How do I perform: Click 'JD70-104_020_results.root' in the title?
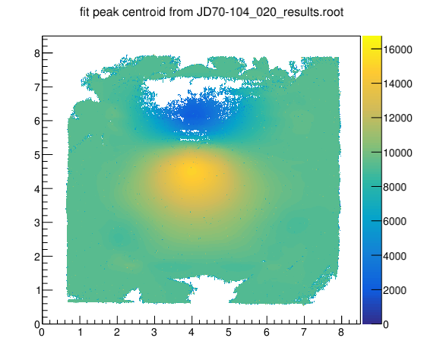pyautogui.click(x=270, y=12)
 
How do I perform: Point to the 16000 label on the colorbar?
pyautogui.click(x=397, y=49)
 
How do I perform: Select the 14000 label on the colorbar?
pyautogui.click(x=397, y=84)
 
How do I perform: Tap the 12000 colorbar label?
pyautogui.click(x=397, y=118)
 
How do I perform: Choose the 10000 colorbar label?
pyautogui.click(x=397, y=153)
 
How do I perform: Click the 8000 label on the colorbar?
pyautogui.click(x=394, y=187)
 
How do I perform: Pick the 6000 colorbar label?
pyautogui.click(x=394, y=221)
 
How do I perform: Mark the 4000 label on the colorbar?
pyautogui.click(x=394, y=256)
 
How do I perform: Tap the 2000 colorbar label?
pyautogui.click(x=394, y=290)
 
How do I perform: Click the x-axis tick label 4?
pyautogui.click(x=191, y=332)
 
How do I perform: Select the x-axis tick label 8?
pyautogui.click(x=341, y=332)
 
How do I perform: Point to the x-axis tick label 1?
pyautogui.click(x=80, y=332)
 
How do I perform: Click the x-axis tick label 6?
pyautogui.click(x=267, y=332)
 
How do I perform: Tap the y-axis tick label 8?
pyautogui.click(x=37, y=53)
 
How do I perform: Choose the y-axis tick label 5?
pyautogui.click(x=37, y=155)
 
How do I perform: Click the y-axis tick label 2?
pyautogui.click(x=37, y=257)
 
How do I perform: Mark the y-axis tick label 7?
pyautogui.click(x=37, y=87)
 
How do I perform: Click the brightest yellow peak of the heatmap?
pyautogui.click(x=192, y=172)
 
